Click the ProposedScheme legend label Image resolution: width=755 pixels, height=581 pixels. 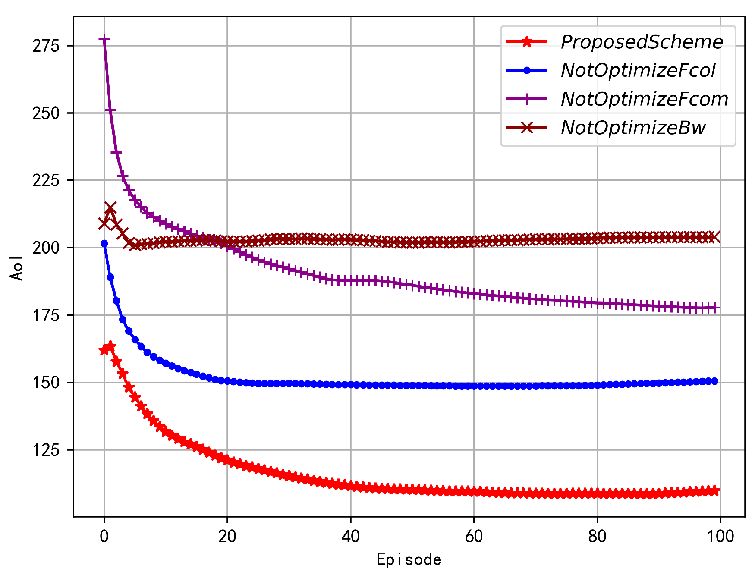pyautogui.click(x=642, y=42)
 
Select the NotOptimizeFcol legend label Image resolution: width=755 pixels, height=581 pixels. pyautogui.click(x=638, y=71)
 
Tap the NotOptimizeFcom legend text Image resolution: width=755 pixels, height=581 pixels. pyautogui.click(x=645, y=99)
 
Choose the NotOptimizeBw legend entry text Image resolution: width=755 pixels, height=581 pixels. pyautogui.click(x=633, y=128)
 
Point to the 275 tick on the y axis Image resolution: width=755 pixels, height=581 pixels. pyautogui.click(x=46, y=46)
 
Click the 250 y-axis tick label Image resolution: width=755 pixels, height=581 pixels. pyautogui.click(x=46, y=113)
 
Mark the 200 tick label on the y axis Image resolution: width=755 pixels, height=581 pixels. pyautogui.click(x=46, y=248)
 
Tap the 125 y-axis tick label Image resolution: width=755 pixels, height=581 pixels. pyautogui.click(x=46, y=450)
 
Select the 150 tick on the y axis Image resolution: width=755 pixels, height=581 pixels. pyautogui.click(x=46, y=383)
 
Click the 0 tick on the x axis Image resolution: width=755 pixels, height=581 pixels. pyautogui.click(x=104, y=536)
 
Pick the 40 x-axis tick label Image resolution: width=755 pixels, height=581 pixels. pyautogui.click(x=350, y=536)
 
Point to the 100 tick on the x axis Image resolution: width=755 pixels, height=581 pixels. pyautogui.click(x=720, y=536)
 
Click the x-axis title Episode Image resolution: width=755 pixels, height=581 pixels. pyautogui.click(x=409, y=559)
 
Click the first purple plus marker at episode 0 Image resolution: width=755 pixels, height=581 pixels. pyautogui.click(x=104, y=40)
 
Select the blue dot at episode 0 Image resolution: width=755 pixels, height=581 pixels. pyautogui.click(x=104, y=244)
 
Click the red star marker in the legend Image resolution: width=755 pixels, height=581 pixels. pyautogui.click(x=526, y=42)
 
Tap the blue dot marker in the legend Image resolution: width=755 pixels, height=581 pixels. pyautogui.click(x=526, y=71)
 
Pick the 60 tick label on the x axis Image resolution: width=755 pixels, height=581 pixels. pyautogui.click(x=474, y=536)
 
